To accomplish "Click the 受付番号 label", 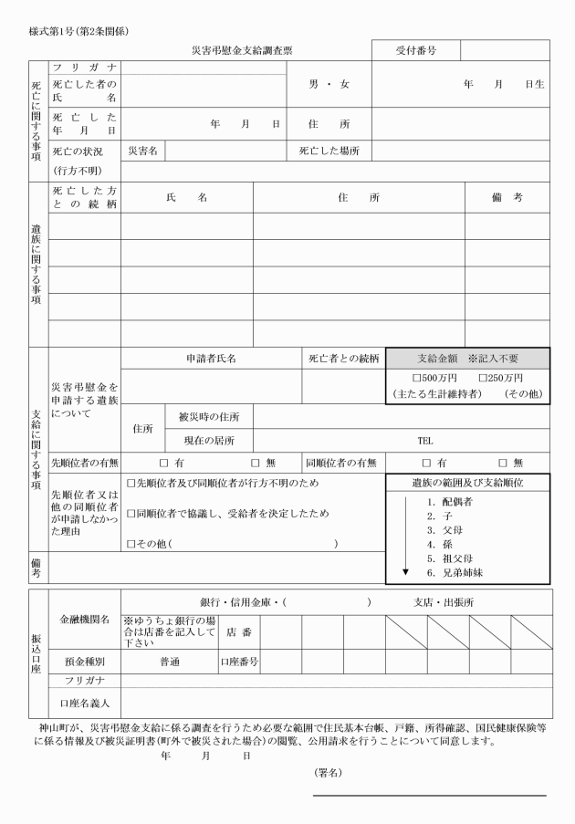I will [x=414, y=50].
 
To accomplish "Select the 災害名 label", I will [x=142, y=150].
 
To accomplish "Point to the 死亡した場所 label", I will [x=329, y=150].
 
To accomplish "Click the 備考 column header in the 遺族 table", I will [x=505, y=197].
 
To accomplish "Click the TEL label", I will [x=425, y=440].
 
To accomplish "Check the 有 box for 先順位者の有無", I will [x=165, y=463].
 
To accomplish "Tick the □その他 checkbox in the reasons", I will [x=131, y=544].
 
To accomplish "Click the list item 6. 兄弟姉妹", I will [x=454, y=571].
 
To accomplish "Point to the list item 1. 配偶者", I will [x=448, y=502].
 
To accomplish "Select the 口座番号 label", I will [x=240, y=660].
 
